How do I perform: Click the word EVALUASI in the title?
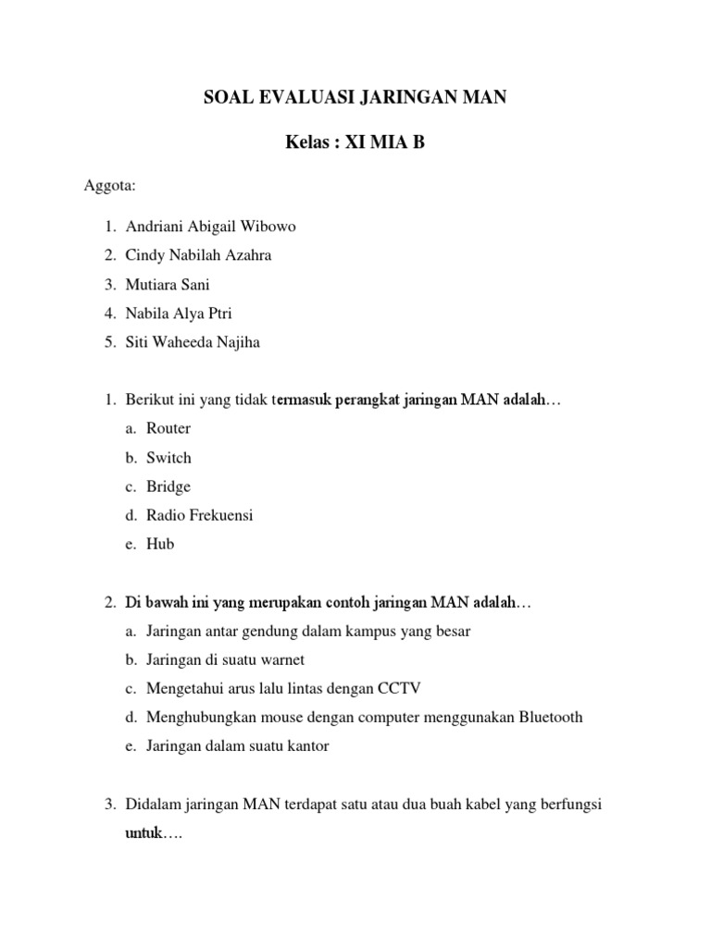pos(304,96)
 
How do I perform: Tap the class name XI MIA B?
pos(385,143)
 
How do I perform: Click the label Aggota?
pos(110,187)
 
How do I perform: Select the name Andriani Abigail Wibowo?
pos(212,227)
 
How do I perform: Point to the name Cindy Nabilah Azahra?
pos(199,255)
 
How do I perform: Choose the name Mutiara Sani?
pos(168,285)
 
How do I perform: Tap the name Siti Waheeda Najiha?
pos(193,342)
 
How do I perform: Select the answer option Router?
pos(168,428)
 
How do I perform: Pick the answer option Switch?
pos(168,458)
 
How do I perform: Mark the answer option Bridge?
pos(168,486)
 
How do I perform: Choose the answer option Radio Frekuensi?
pos(199,515)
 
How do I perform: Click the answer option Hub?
pos(160,544)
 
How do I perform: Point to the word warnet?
pos(281,659)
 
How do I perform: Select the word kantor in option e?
pos(306,745)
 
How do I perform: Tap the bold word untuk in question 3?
pos(143,833)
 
